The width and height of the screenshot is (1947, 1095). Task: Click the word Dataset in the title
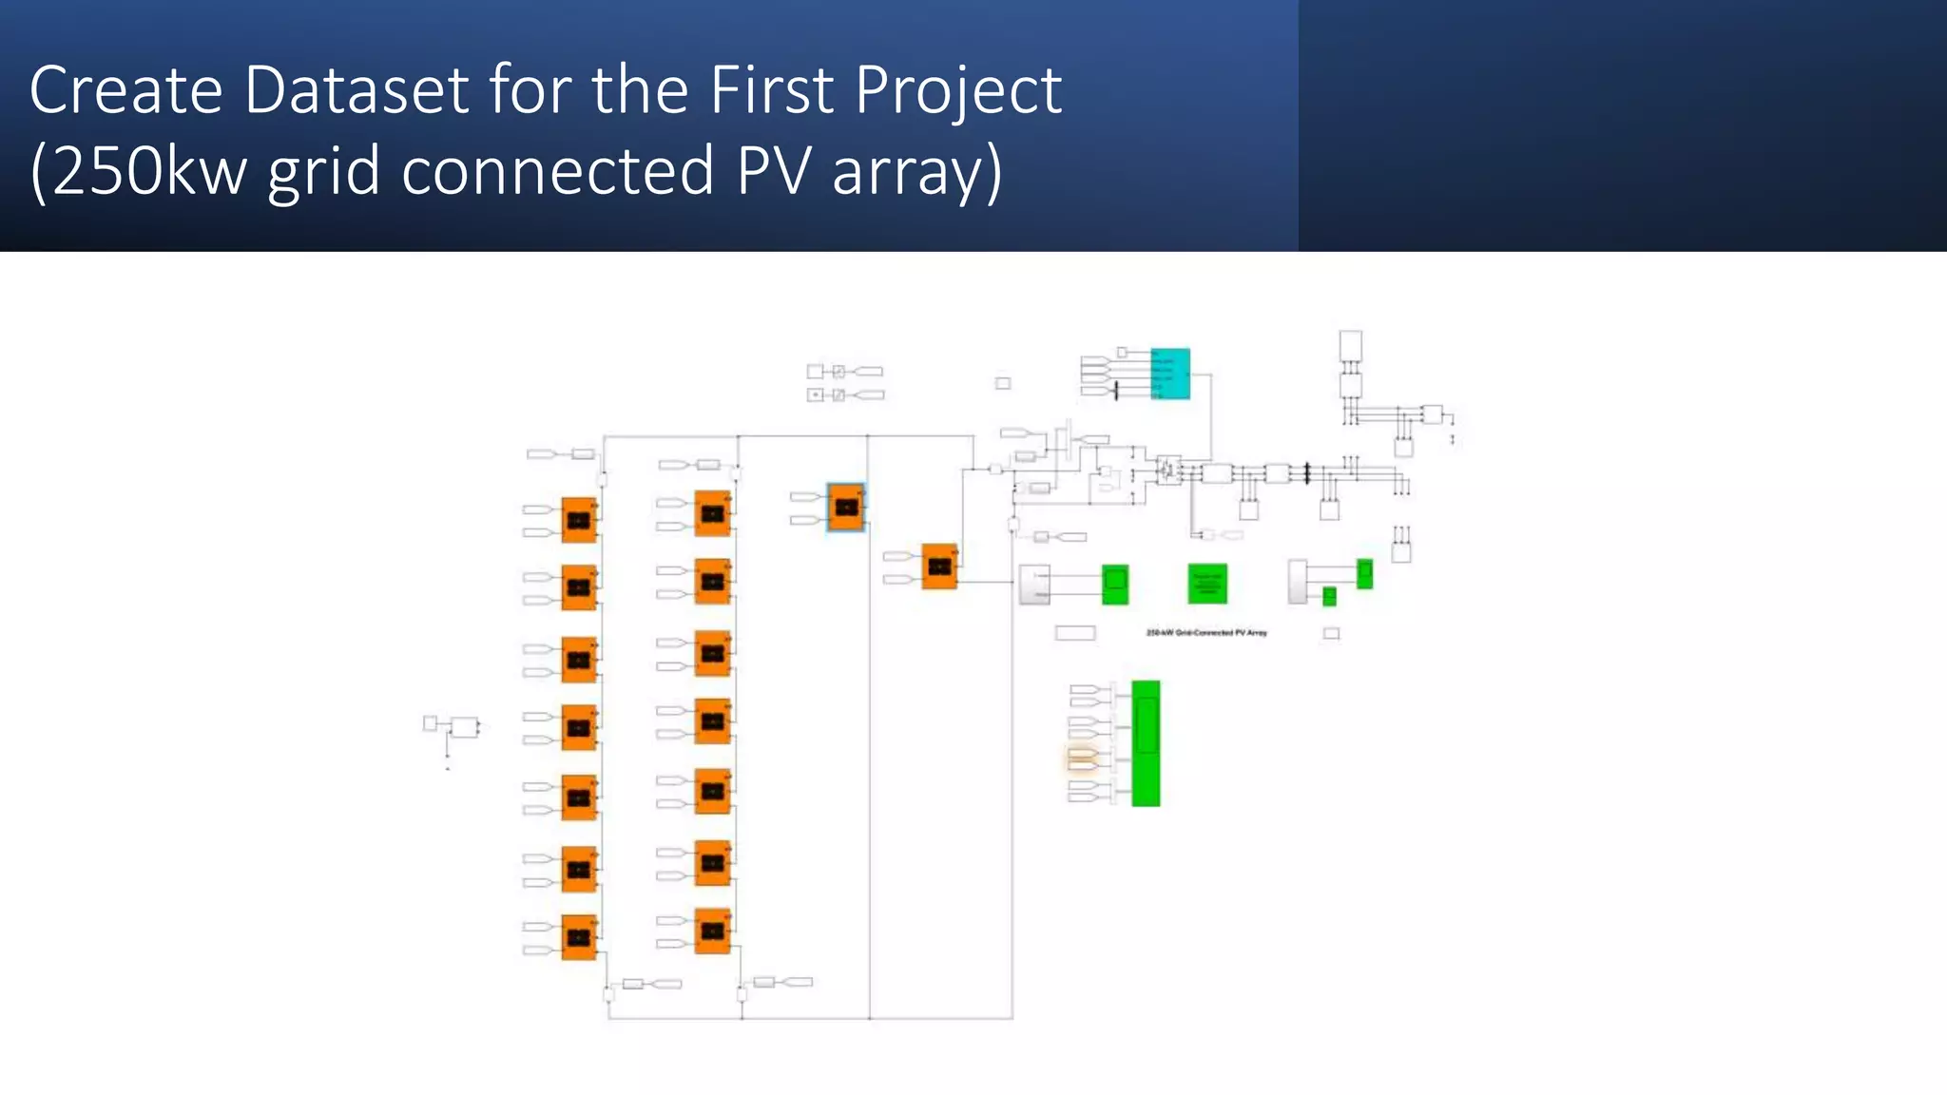tap(357, 90)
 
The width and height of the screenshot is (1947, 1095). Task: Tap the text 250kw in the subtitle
tap(150, 171)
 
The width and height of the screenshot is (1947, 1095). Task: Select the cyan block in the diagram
tap(1169, 374)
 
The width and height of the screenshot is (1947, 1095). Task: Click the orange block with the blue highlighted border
tap(846, 507)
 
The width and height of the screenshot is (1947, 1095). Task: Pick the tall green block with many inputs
tap(1146, 743)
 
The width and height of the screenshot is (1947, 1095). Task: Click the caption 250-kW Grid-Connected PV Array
tap(1206, 632)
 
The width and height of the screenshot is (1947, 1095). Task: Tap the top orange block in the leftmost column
tap(579, 520)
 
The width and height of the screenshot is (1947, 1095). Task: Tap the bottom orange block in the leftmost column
tap(579, 937)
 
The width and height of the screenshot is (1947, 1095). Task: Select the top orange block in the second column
tap(712, 514)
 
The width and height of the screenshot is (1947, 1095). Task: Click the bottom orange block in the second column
tap(712, 931)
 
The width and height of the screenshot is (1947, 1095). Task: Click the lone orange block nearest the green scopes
tap(939, 567)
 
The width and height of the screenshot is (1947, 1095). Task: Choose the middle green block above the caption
tap(1207, 584)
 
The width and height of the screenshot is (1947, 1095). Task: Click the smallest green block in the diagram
tap(1329, 596)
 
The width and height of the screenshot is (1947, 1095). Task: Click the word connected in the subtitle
tap(557, 171)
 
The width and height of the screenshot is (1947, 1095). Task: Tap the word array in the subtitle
tap(917, 171)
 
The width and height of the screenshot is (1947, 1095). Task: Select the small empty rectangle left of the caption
tap(1075, 633)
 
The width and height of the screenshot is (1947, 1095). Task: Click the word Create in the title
tap(126, 90)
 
